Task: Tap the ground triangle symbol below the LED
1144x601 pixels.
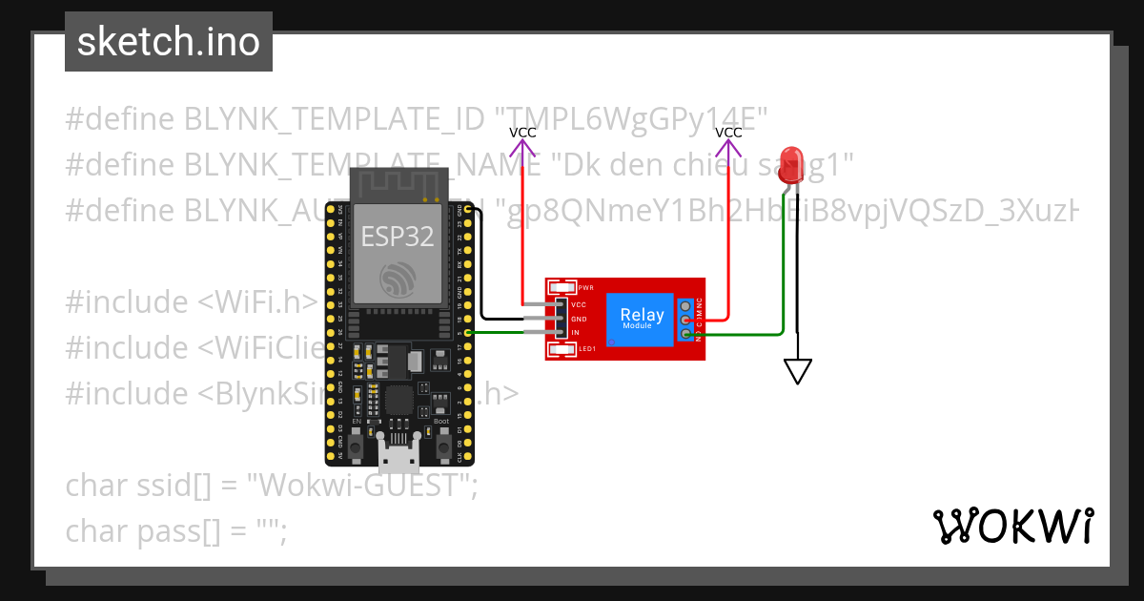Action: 798,371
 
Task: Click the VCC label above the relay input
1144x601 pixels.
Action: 522,133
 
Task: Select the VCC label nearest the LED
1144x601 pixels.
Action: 728,133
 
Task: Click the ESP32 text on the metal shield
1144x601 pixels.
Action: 397,236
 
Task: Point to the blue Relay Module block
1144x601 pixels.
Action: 642,318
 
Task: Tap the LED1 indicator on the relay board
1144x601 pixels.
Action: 563,349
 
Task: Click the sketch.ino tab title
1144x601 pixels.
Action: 168,42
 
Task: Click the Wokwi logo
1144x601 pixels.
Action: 1012,526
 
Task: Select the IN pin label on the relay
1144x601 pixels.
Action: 575,332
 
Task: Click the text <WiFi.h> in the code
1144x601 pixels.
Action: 257,301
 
